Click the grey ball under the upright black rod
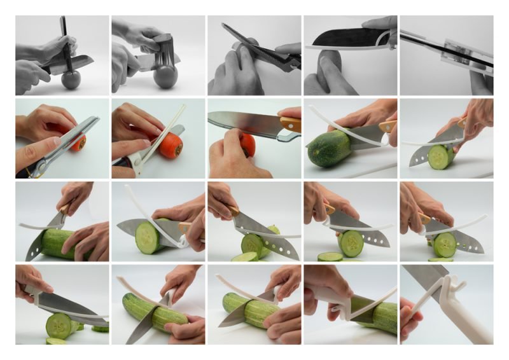click(x=71, y=80)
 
